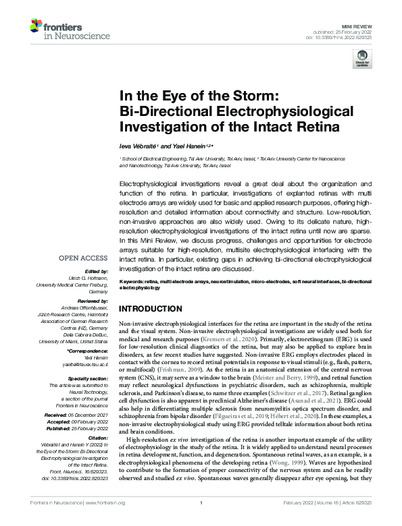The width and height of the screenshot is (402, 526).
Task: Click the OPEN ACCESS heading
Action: pos(84,258)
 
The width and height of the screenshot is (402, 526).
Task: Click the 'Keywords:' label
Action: pos(133,279)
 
